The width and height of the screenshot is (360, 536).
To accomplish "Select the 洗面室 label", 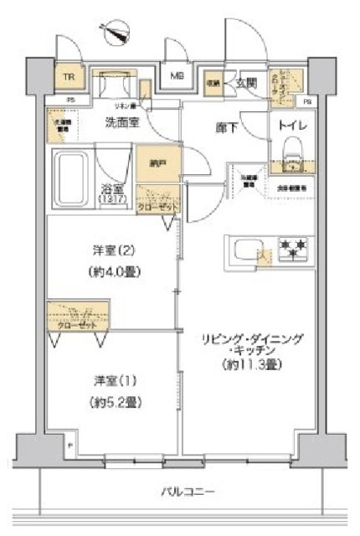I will coord(121,122).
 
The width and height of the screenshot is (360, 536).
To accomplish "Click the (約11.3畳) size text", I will coord(250,366).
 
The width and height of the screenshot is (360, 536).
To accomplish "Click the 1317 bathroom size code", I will coord(116,200).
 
